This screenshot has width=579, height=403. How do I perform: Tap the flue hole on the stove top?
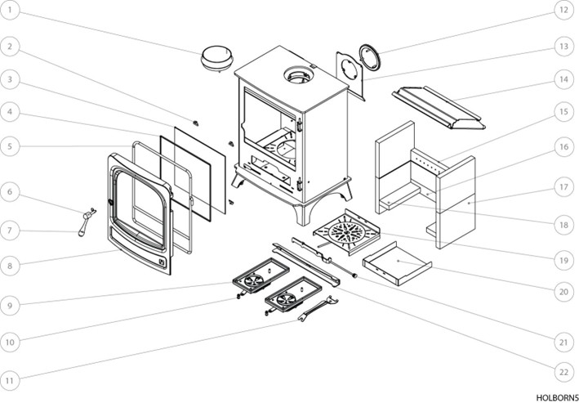click(x=295, y=78)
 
